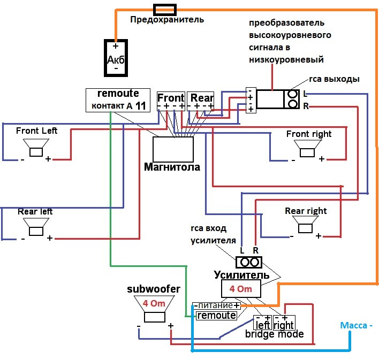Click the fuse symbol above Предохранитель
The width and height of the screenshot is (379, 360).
click(x=165, y=9)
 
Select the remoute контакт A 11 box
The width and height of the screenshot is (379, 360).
click(x=118, y=100)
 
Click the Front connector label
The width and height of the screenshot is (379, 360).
click(x=171, y=98)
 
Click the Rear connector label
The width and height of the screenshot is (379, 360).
click(x=202, y=98)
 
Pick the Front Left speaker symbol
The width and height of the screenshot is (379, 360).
click(x=36, y=148)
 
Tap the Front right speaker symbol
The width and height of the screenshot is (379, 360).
click(x=307, y=148)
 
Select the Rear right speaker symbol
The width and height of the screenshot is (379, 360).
click(x=306, y=225)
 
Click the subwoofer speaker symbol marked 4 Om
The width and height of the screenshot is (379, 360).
click(x=153, y=310)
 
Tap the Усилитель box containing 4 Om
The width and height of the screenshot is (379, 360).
click(x=240, y=289)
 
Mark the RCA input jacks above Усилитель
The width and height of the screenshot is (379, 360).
click(x=249, y=262)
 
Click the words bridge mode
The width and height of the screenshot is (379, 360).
click(x=275, y=334)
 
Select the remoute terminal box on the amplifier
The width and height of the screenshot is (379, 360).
click(x=216, y=316)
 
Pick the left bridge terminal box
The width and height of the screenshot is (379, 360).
click(x=262, y=323)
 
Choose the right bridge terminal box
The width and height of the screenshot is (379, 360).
click(x=284, y=323)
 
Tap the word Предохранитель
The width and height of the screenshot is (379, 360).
click(x=167, y=20)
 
